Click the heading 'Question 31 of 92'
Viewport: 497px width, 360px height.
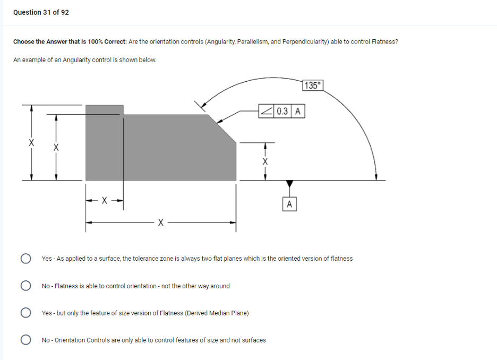(x=41, y=12)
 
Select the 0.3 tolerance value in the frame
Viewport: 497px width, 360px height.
(x=282, y=111)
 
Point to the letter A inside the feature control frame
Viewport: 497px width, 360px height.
(x=298, y=111)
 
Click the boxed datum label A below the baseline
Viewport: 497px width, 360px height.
(x=289, y=204)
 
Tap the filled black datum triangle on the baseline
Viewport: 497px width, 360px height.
(x=289, y=184)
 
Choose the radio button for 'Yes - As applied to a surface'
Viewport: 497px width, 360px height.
(x=25, y=259)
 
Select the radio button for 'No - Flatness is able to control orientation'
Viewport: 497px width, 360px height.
(x=25, y=286)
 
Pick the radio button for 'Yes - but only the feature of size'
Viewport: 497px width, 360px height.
(x=25, y=313)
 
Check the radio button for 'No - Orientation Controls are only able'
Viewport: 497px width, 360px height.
(x=25, y=340)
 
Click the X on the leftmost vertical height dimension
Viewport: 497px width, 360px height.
(x=31, y=143)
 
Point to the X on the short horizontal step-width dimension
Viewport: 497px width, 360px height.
(x=105, y=201)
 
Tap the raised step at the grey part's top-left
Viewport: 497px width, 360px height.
(x=104, y=109)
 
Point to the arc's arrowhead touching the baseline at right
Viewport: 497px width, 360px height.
(x=376, y=177)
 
